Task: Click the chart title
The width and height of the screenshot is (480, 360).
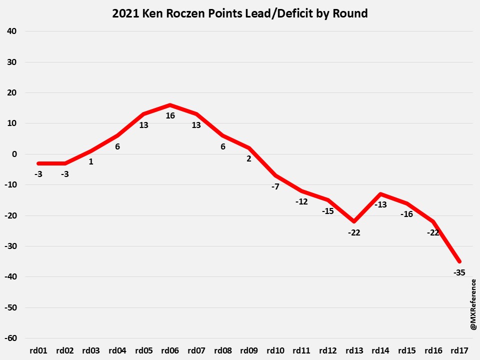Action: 240,13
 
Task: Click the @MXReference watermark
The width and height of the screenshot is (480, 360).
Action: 472,304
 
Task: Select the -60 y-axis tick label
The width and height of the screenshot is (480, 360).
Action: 10,338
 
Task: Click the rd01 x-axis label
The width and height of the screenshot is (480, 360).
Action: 38,351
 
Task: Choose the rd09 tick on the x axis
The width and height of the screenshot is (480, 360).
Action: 248,351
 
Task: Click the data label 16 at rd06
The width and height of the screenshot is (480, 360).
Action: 170,116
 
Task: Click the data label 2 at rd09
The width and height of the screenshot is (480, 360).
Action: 248,159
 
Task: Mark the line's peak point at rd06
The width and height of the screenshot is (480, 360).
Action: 170,105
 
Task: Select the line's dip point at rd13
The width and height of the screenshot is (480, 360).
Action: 353,221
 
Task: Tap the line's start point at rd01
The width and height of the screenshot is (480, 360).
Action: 39,163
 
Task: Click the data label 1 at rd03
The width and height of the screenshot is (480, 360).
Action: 91,162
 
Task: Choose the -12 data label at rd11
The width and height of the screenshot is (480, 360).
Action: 301,201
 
